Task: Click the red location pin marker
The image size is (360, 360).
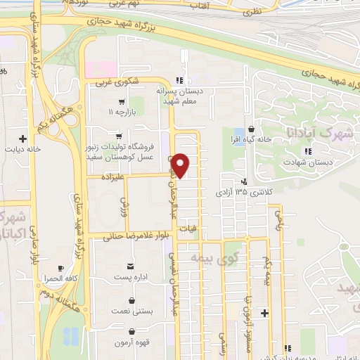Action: pos(181,165)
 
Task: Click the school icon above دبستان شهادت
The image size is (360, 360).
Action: pos(307,150)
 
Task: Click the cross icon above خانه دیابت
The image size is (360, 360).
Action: pos(23,139)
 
